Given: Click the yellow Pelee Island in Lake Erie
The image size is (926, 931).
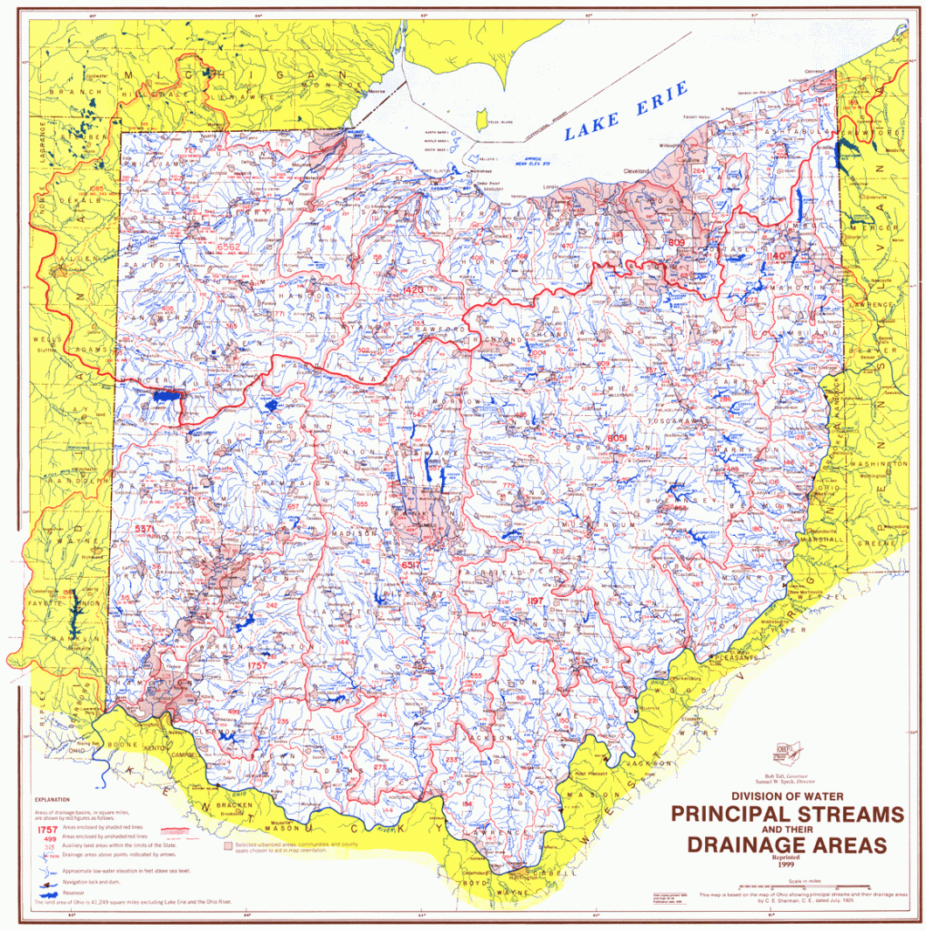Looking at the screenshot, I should click(x=480, y=116).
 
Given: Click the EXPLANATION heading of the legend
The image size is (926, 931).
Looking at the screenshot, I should click(x=53, y=799).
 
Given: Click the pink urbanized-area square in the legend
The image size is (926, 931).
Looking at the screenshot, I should click(x=228, y=846).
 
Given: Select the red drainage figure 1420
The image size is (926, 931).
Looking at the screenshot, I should click(x=414, y=289).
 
